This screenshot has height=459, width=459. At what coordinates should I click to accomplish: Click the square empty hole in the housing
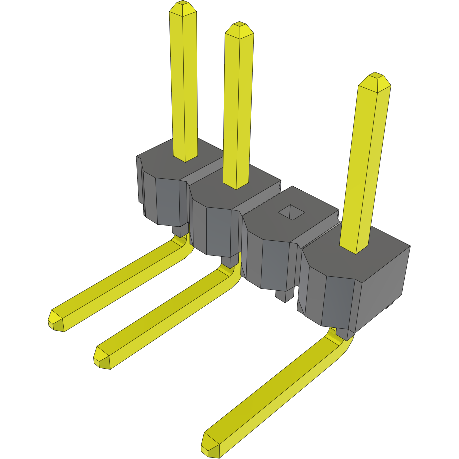[291, 213]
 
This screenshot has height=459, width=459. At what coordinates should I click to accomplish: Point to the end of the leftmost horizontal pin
[56, 320]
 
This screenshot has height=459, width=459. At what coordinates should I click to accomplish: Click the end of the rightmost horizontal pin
[210, 445]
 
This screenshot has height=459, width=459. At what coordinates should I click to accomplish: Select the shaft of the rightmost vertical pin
[367, 165]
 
